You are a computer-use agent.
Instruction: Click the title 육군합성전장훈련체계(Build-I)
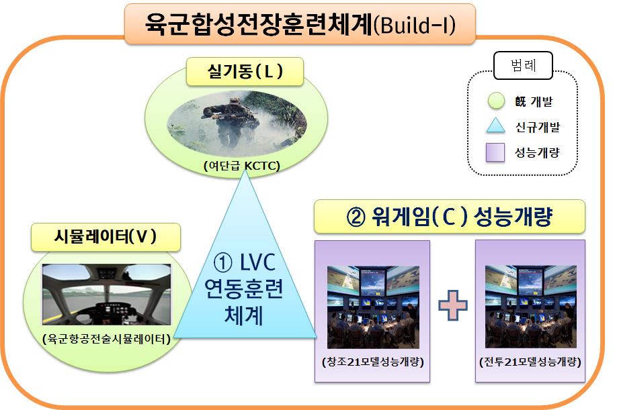click(300, 24)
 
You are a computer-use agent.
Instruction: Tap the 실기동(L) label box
click(245, 72)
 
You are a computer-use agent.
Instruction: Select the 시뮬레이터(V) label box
click(106, 237)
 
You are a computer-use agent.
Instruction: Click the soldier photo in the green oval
click(237, 123)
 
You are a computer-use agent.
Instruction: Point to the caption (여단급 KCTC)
click(241, 166)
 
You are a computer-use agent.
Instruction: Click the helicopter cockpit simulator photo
click(107, 295)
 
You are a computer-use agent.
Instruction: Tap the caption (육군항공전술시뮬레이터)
click(107, 338)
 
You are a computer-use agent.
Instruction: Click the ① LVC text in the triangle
click(245, 262)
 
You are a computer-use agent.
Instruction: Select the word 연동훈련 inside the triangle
click(244, 289)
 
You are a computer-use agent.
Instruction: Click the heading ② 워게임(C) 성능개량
click(450, 217)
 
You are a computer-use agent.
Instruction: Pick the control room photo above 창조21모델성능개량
click(374, 307)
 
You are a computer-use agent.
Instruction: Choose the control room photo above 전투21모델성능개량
click(531, 307)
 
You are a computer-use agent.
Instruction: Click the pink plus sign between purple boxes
click(453, 305)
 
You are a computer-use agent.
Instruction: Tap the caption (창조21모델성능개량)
click(373, 361)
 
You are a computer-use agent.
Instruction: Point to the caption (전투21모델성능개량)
click(530, 361)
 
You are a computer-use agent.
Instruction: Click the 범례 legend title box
click(524, 65)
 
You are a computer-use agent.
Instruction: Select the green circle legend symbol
click(496, 101)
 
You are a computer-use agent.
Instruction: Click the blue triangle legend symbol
click(496, 125)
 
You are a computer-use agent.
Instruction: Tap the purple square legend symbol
click(495, 152)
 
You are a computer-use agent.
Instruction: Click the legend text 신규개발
click(538, 127)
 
